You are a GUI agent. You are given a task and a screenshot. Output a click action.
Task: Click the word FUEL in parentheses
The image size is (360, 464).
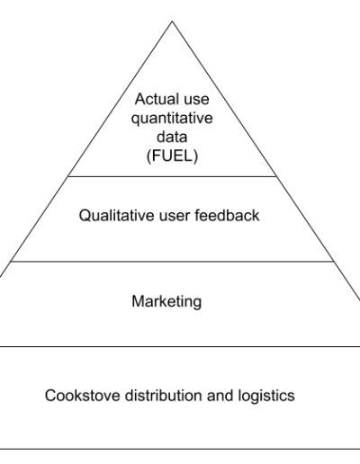click(172, 156)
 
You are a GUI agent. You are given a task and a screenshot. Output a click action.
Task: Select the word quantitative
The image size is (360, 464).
click(172, 119)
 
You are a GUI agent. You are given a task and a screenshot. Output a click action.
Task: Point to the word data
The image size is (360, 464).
click(172, 137)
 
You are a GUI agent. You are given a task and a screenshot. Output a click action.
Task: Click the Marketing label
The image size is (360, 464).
click(166, 301)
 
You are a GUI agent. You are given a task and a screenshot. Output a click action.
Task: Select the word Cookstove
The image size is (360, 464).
click(83, 395)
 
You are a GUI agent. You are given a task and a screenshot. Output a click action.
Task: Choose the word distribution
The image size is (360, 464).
click(164, 395)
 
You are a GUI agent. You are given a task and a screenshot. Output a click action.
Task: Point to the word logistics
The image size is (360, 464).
click(266, 396)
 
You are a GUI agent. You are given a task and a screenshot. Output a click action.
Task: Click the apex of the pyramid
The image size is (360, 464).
click(172, 21)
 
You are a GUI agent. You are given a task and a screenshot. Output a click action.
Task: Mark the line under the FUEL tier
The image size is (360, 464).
click(172, 176)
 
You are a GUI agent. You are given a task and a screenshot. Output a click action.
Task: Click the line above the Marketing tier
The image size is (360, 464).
click(172, 262)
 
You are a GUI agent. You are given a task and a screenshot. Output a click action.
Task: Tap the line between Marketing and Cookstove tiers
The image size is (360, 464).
click(180, 346)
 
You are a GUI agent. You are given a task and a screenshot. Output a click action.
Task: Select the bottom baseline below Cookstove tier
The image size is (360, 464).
click(180, 449)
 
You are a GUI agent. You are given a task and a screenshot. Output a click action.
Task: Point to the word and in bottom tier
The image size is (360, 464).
click(220, 395)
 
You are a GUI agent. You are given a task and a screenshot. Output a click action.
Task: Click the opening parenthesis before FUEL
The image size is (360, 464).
click(148, 156)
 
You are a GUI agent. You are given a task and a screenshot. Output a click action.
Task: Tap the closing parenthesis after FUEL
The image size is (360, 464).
click(195, 156)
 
